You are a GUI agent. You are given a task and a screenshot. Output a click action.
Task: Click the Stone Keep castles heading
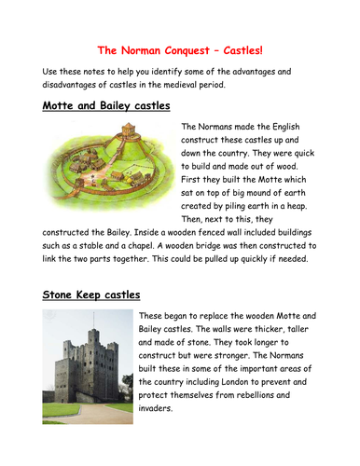coord(89,295)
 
